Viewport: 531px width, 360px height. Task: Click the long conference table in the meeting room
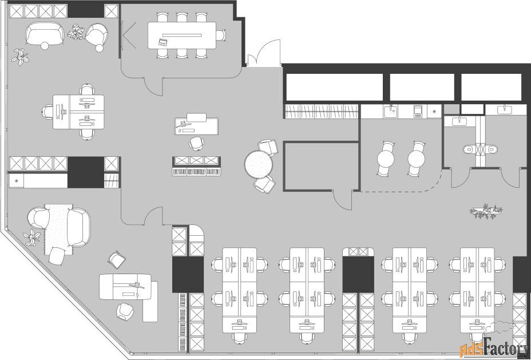click(182, 35)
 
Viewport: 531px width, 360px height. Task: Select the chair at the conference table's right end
click(221, 35)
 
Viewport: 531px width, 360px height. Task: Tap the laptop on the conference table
click(163, 42)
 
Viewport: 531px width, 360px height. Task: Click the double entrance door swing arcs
click(264, 53)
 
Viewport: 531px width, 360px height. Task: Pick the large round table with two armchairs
click(259, 165)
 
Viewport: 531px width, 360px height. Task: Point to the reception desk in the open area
click(196, 124)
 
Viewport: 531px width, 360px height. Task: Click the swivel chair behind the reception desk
click(196, 143)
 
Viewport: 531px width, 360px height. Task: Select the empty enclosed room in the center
click(321, 166)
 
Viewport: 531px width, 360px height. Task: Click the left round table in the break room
click(386, 159)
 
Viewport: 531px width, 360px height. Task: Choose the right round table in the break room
click(416, 159)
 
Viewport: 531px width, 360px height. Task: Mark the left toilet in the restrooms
click(469, 149)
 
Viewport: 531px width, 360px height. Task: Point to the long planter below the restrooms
click(486, 211)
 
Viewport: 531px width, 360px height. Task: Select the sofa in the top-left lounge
click(45, 34)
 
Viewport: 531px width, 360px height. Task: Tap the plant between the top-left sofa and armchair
click(76, 32)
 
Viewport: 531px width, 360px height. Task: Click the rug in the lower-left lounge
click(58, 229)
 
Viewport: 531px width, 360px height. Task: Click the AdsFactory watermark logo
click(494, 348)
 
